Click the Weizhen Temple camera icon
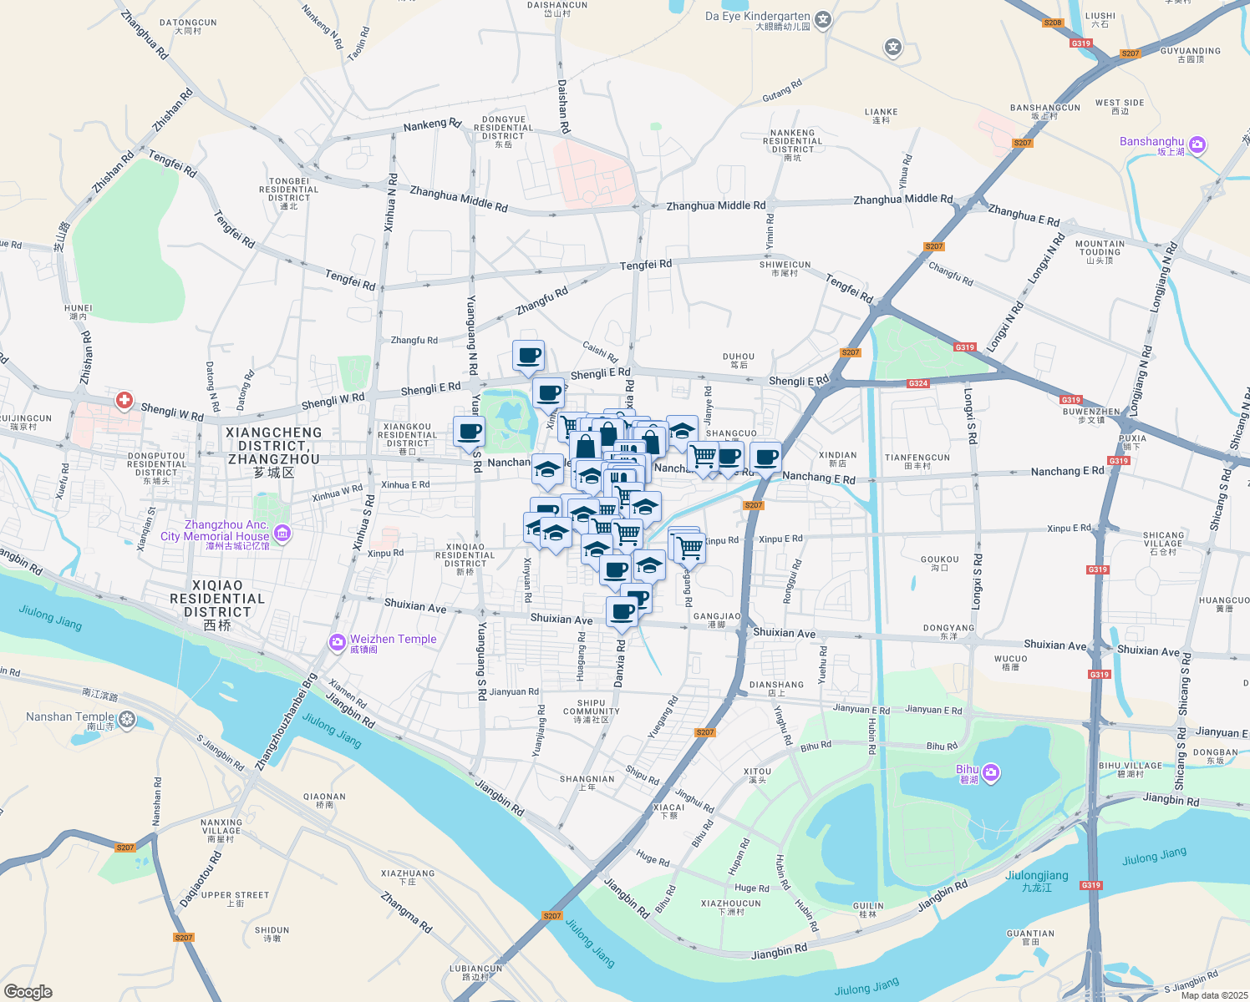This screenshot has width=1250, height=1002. point(337,642)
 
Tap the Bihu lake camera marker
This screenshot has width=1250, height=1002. point(990,772)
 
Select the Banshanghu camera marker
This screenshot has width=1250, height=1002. point(1197,144)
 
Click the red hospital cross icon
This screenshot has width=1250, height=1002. point(124,401)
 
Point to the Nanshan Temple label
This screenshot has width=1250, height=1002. point(70,717)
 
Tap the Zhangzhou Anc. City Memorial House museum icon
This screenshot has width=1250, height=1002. point(282,533)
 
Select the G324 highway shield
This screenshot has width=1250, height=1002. point(917,383)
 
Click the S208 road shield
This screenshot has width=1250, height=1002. point(1053,23)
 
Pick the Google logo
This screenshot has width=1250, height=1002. point(28,992)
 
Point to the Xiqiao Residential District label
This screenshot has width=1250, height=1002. point(217,599)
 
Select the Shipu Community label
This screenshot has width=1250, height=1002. point(591,711)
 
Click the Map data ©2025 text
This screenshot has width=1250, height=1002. point(1214,995)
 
